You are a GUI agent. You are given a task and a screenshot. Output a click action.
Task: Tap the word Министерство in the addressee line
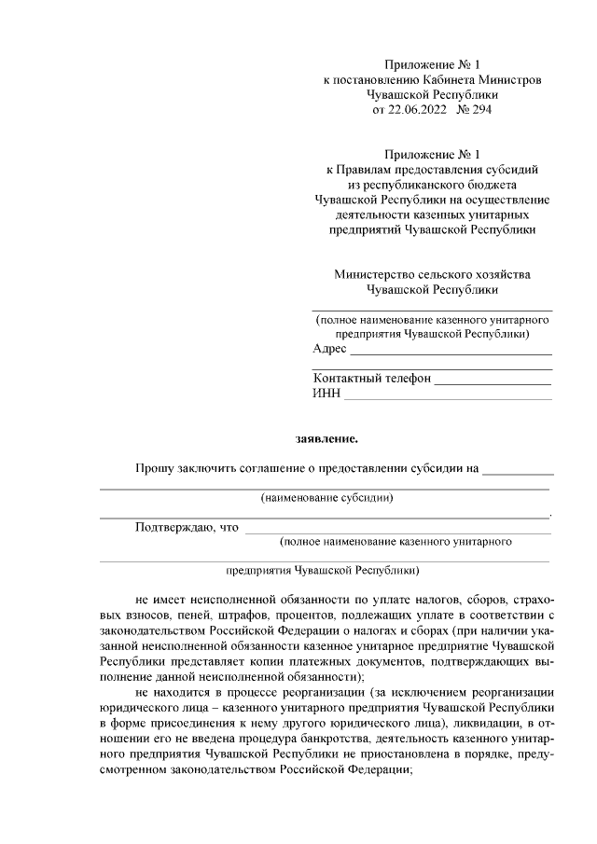point(371,274)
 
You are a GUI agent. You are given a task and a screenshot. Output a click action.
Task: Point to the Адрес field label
point(329,349)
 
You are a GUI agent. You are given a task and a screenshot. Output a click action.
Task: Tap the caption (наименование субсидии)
point(326,497)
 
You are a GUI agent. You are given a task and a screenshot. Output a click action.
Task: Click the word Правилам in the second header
point(366,170)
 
